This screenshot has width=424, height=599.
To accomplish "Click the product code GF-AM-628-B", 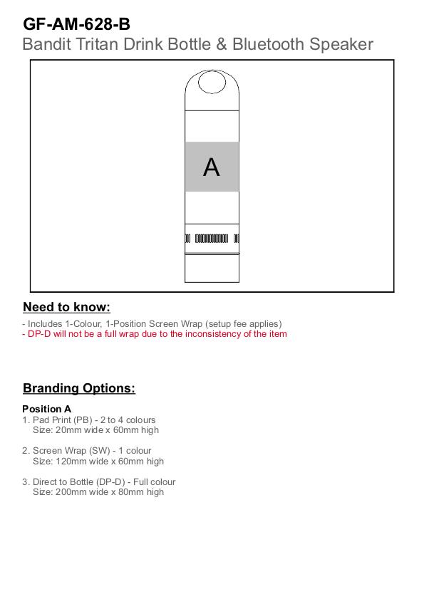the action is click(x=76, y=24).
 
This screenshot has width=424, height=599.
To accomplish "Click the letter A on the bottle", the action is click(x=212, y=167).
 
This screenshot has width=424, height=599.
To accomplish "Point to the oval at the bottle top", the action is click(x=212, y=82).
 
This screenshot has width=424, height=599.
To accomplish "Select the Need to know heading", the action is click(x=66, y=307).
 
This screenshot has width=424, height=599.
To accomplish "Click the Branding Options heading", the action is click(x=79, y=388).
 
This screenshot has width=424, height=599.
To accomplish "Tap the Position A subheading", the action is click(x=46, y=409).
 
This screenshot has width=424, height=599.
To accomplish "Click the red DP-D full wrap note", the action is click(x=155, y=334).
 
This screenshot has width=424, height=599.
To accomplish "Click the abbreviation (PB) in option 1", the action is click(x=83, y=420).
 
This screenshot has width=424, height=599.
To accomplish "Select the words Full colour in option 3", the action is click(x=155, y=482).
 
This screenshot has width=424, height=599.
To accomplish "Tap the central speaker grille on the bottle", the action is click(x=212, y=239).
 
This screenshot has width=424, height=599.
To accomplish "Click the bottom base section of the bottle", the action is click(x=212, y=269).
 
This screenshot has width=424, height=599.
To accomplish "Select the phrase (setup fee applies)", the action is click(x=244, y=324).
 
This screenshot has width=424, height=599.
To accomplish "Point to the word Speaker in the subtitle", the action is click(x=341, y=44).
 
